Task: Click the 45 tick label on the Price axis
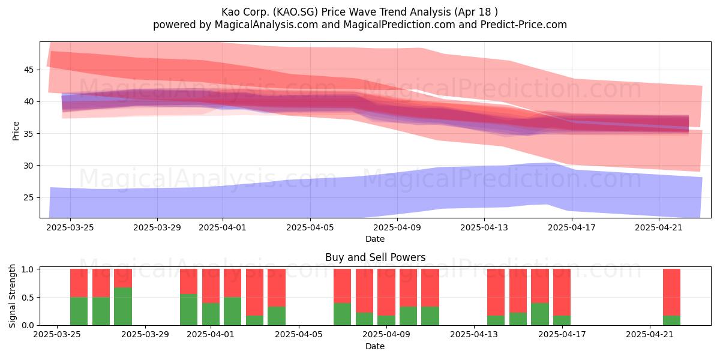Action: (x=29, y=70)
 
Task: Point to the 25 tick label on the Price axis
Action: (x=29, y=197)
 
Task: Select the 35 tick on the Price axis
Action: (x=29, y=133)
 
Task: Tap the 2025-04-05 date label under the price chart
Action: (x=310, y=227)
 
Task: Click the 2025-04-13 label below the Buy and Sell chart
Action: (x=474, y=335)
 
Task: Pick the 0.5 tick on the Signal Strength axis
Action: (x=29, y=298)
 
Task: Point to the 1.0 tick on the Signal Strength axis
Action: (x=29, y=269)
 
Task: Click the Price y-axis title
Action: (x=16, y=131)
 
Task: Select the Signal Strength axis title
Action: (x=12, y=296)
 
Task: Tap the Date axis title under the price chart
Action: (x=375, y=239)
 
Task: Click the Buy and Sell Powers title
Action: (x=375, y=257)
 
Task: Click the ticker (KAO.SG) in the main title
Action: (x=295, y=12)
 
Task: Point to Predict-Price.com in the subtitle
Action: (x=524, y=25)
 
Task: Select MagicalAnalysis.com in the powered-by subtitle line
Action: (x=266, y=25)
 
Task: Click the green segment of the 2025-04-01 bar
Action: (x=211, y=314)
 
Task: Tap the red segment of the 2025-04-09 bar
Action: (x=386, y=292)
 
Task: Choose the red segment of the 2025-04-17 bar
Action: (x=562, y=292)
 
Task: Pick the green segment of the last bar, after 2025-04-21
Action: (x=671, y=320)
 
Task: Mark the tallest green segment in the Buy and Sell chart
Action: (x=123, y=307)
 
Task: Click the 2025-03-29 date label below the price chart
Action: (x=157, y=227)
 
